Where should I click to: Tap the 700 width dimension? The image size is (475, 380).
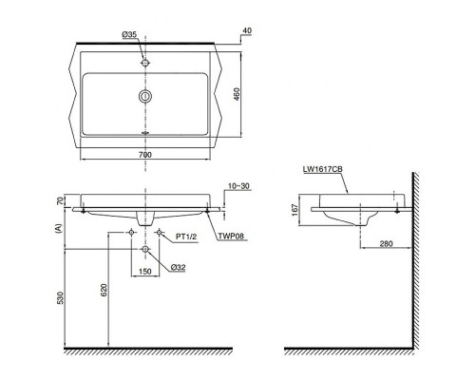(x=144, y=153)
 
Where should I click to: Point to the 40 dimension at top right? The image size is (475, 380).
(x=247, y=30)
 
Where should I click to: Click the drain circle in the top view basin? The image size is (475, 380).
(x=145, y=97)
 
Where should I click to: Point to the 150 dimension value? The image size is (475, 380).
(x=145, y=271)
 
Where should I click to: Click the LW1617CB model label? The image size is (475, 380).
(x=324, y=170)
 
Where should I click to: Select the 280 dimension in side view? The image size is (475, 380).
(x=385, y=244)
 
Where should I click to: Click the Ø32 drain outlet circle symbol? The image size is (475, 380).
(x=145, y=250)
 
